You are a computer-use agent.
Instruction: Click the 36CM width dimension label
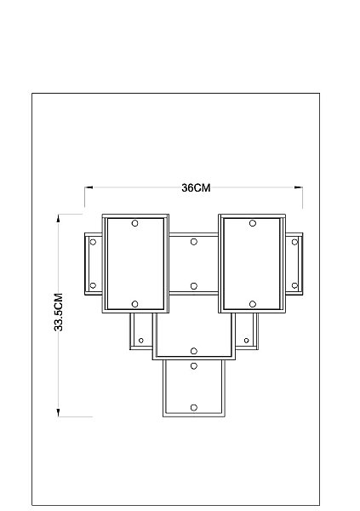click(196, 187)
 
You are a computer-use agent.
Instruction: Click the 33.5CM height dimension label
click(59, 313)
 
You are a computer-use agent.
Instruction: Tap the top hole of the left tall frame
click(134, 223)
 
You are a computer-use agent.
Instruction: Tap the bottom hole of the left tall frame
click(134, 304)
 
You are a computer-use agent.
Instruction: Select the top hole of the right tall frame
click(253, 223)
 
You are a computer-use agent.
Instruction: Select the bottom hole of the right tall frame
click(253, 304)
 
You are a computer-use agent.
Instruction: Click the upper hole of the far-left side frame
click(93, 242)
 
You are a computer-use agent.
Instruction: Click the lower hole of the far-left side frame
click(93, 285)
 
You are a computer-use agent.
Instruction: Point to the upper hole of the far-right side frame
click(294, 242)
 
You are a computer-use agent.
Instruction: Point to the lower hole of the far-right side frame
click(294, 285)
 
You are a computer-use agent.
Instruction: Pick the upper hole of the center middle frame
click(194, 242)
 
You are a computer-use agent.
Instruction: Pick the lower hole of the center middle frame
click(194, 286)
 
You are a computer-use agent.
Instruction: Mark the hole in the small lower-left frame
click(141, 341)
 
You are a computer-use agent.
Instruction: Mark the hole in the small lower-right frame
click(246, 341)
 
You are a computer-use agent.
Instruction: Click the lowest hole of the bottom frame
click(194, 408)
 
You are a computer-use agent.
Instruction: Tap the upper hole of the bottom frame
click(194, 366)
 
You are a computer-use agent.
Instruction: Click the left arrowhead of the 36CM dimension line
click(89, 187)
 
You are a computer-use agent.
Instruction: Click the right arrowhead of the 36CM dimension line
click(299, 187)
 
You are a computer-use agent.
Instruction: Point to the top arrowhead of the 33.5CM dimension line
click(59, 218)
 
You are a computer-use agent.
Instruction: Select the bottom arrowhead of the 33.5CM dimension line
click(59, 412)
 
